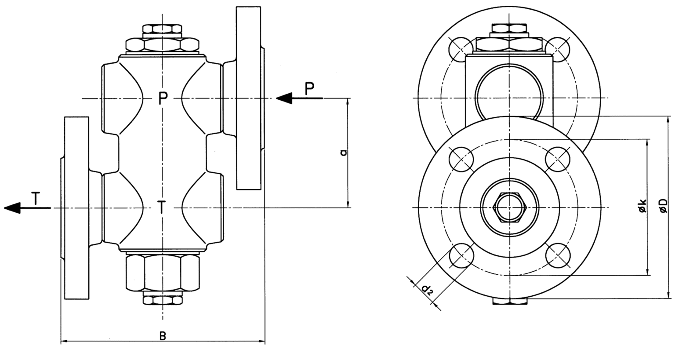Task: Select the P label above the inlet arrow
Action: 310,88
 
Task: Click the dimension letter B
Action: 163,336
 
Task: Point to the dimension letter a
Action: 344,153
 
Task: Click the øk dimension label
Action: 642,206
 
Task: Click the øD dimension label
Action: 664,206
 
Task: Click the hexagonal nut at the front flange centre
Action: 509,207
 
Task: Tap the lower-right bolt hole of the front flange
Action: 557,255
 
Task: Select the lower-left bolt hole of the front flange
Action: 461,255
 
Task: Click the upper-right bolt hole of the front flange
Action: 557,158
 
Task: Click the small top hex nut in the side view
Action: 162,30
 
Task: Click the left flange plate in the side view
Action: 77,207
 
